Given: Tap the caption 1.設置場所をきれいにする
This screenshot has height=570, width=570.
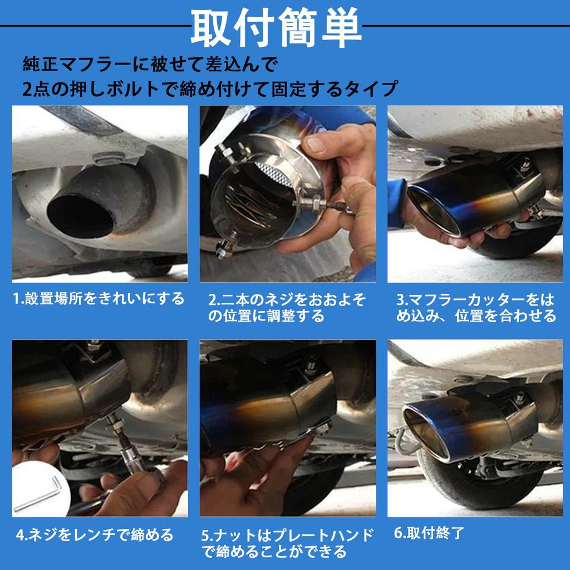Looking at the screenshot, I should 99,299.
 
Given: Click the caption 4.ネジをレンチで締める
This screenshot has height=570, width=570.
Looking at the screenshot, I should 95,535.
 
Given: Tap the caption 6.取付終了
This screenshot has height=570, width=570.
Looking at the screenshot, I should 429,533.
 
